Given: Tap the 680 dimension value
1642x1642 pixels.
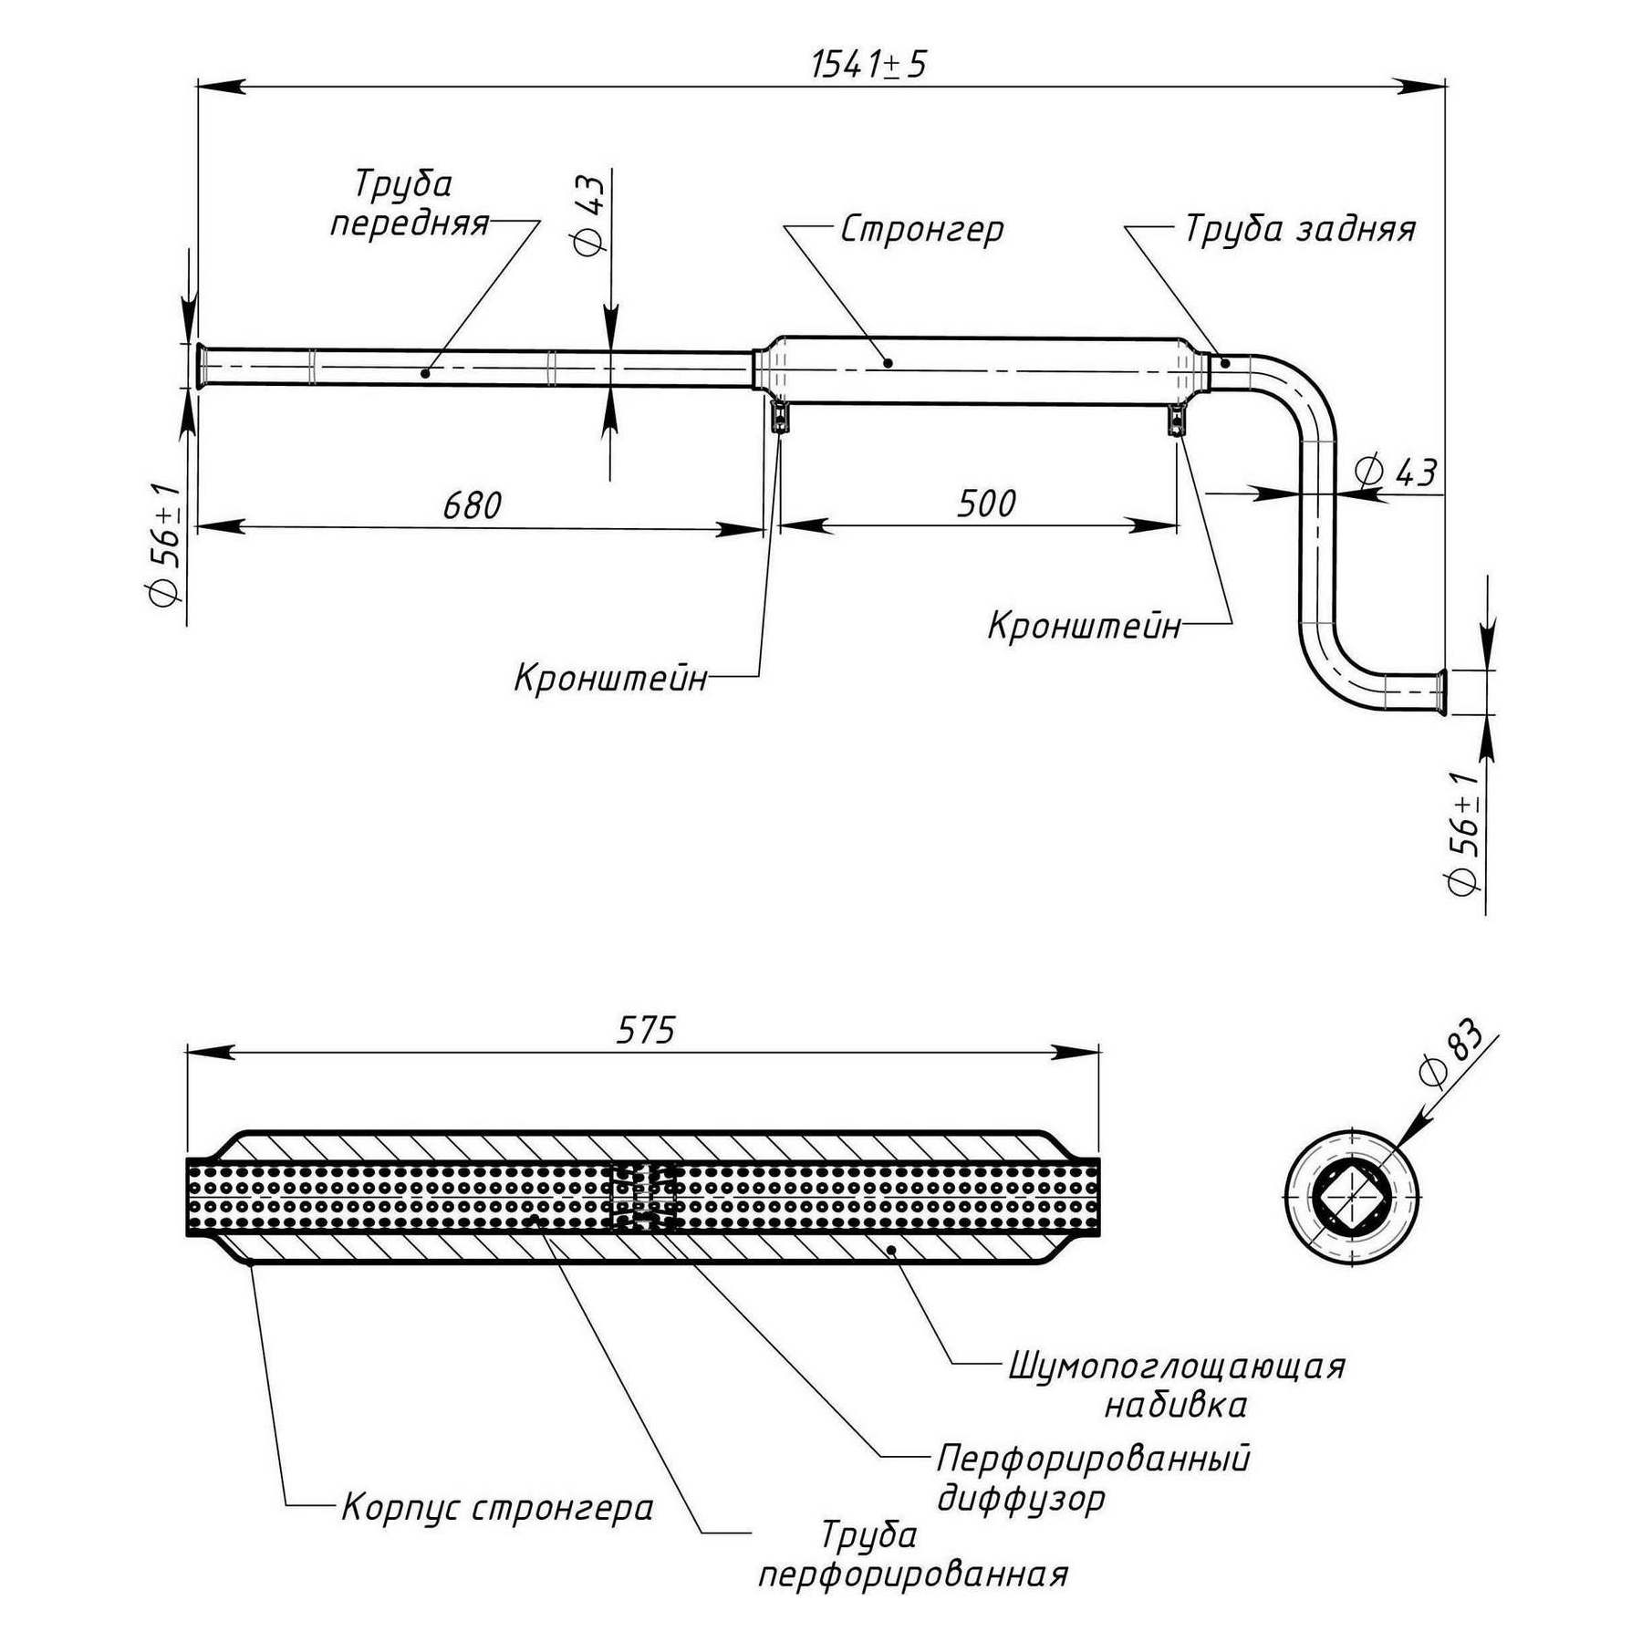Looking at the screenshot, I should click(472, 504).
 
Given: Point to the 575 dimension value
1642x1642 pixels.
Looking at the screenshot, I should click(645, 1031).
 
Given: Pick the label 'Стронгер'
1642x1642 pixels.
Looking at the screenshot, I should click(921, 229).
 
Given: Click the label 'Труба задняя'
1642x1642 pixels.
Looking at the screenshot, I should click(1299, 229).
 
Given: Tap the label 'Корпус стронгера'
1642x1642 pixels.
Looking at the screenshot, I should click(497, 1508).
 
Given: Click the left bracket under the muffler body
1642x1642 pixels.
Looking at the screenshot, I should click(780, 417).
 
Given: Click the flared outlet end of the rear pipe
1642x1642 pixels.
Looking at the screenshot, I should click(1439, 692).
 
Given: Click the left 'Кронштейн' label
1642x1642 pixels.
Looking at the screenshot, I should click(610, 679).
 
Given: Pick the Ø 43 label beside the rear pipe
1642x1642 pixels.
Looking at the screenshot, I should click(1396, 473).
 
